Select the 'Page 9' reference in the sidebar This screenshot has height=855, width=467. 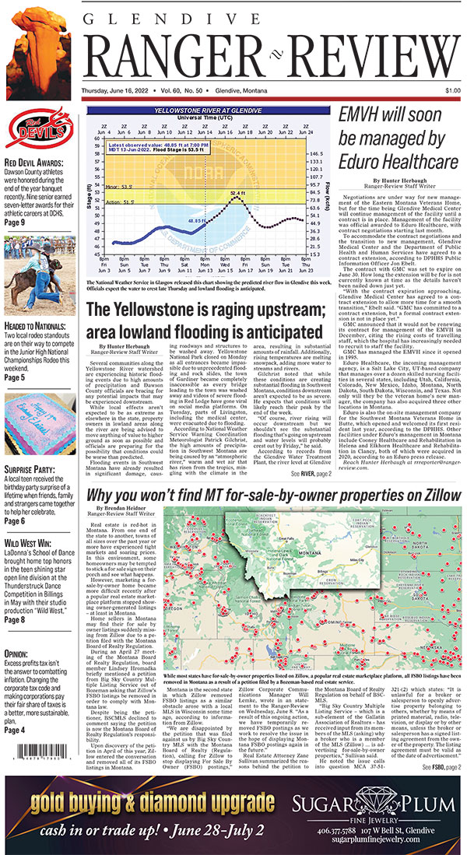click(x=16, y=222)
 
